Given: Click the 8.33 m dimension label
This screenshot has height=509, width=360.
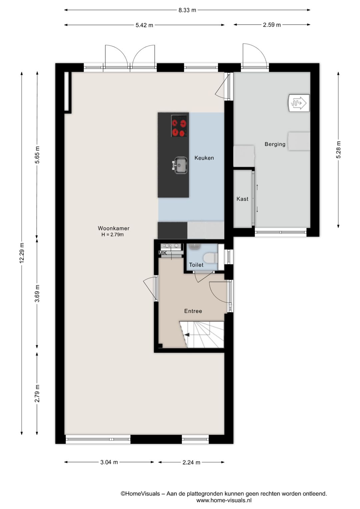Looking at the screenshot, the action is (x=187, y=10).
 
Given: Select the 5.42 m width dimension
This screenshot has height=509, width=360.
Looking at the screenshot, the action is (x=144, y=25).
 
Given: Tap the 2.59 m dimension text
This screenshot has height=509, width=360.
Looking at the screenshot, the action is (x=272, y=25).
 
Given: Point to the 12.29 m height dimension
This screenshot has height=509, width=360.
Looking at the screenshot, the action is (x=22, y=253).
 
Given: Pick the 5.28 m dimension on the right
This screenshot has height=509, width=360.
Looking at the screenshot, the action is (x=338, y=150).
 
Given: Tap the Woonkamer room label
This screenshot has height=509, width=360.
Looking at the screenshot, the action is (x=114, y=228).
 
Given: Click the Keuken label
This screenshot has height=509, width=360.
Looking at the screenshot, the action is (x=204, y=158).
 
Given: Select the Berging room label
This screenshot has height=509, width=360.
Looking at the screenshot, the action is (x=275, y=144).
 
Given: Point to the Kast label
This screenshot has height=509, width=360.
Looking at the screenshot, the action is (x=242, y=199).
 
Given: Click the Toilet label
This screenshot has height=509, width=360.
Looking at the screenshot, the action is (x=196, y=265).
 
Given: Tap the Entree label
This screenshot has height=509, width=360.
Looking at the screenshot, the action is (x=193, y=311).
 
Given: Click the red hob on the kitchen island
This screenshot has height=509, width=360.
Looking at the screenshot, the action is (x=179, y=126).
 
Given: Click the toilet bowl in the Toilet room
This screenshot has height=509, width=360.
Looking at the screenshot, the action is (x=210, y=258).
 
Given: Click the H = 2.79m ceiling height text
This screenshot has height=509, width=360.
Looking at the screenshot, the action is (x=112, y=235).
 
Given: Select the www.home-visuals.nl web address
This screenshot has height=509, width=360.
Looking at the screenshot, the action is (x=224, y=500).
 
